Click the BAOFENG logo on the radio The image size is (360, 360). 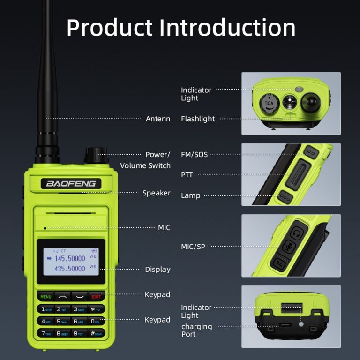pos(70,183)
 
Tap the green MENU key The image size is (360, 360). pos(46,297)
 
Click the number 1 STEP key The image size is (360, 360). pos(46,309)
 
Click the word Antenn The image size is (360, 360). pos(158,119)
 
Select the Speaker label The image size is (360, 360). pos(157,193)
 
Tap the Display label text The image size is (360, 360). pos(157,270)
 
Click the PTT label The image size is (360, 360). pos(187,175)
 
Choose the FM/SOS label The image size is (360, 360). pos(194,154)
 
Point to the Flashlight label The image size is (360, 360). pos(198,119)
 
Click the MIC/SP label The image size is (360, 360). pos(193,246)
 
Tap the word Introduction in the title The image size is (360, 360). pos(227,28)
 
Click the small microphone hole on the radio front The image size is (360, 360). pos(45,228)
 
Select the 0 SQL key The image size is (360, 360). pos(96,322)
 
